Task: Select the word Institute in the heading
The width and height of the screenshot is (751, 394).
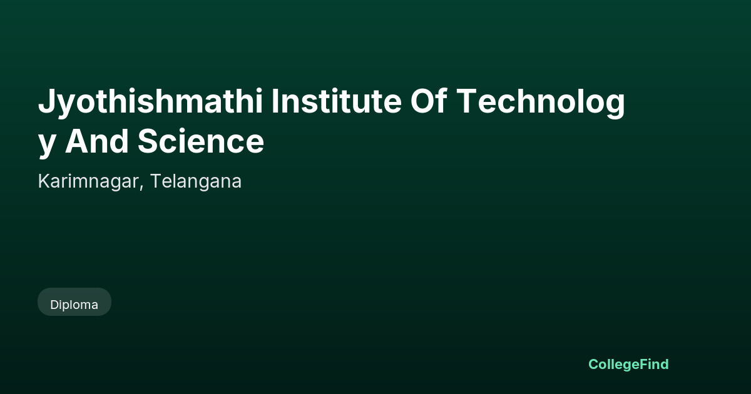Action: (336, 101)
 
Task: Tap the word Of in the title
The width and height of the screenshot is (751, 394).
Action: (429, 101)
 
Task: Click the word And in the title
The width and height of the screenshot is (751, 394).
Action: (96, 141)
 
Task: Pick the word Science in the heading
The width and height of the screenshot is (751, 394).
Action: (201, 141)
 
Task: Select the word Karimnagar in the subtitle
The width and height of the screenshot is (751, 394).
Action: (88, 182)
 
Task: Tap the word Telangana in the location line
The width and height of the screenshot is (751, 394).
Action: (196, 181)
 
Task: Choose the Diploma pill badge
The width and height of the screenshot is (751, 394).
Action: (74, 301)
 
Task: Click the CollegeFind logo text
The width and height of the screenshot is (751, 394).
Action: (628, 365)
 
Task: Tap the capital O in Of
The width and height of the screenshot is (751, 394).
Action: (423, 101)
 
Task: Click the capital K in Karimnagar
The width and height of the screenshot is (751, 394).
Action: (44, 181)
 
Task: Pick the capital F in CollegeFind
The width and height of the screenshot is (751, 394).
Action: (645, 364)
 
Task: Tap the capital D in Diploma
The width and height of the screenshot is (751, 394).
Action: (55, 305)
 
